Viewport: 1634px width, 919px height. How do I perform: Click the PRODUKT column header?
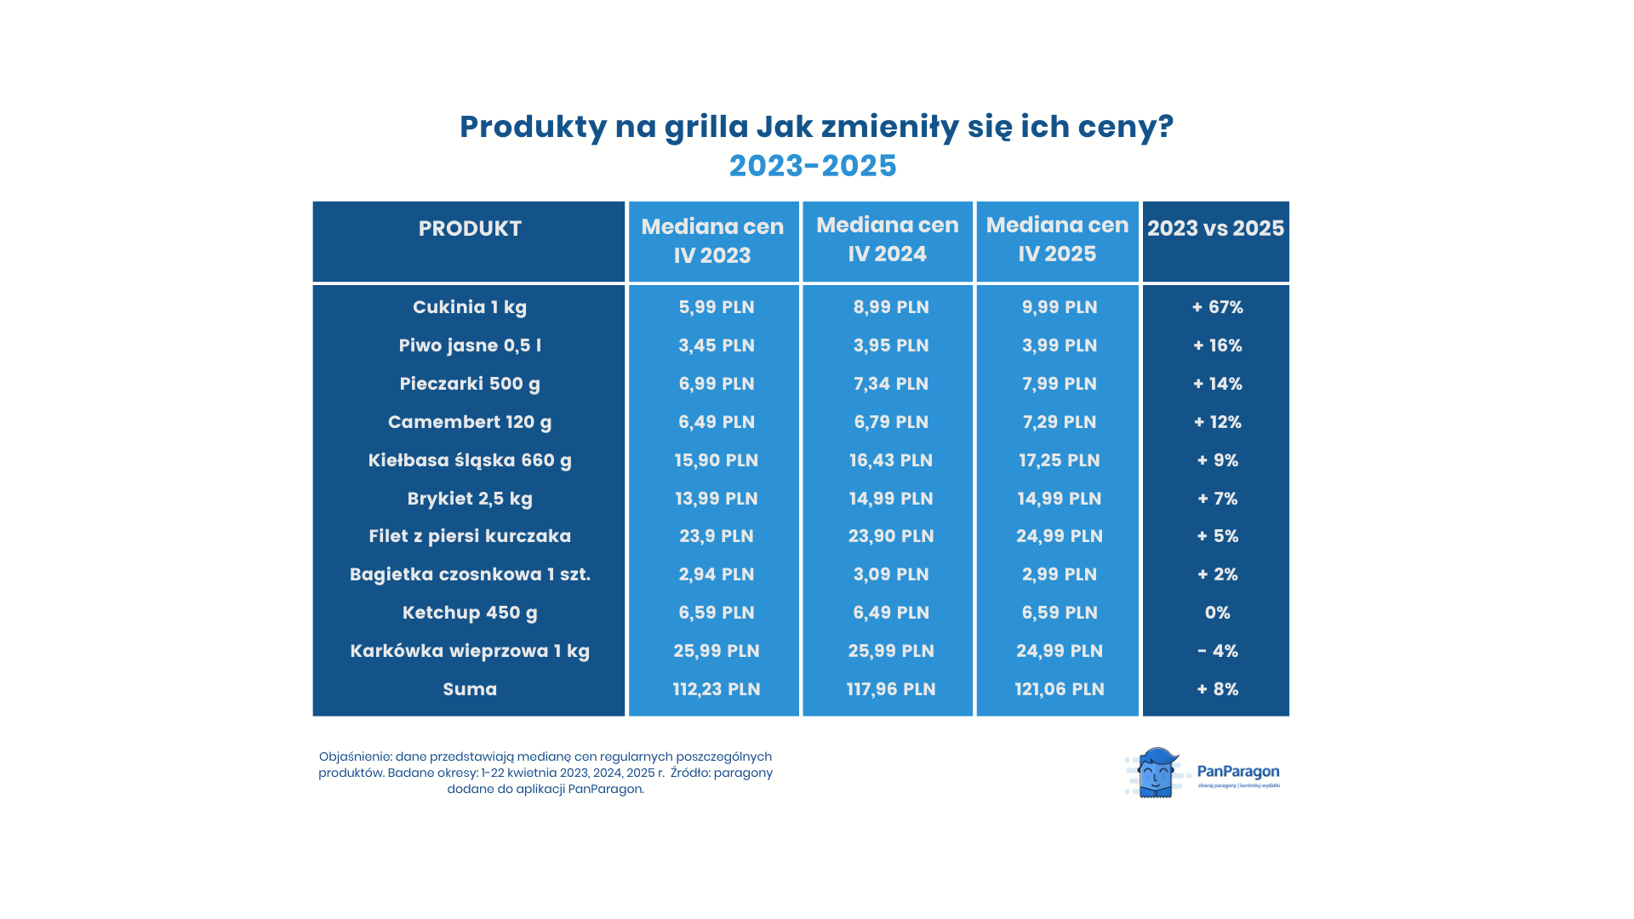click(x=469, y=229)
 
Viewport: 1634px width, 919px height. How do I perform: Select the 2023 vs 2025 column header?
click(x=1215, y=229)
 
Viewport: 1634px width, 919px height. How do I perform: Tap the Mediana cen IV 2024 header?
click(x=887, y=240)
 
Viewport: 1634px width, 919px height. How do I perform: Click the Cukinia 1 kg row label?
click(x=469, y=307)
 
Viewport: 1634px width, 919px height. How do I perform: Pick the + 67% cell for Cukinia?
click(x=1217, y=307)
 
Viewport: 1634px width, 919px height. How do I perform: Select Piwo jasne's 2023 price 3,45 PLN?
click(x=716, y=345)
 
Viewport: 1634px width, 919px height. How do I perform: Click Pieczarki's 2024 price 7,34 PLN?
click(x=890, y=384)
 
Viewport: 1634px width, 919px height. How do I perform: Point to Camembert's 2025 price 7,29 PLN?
click(x=1059, y=422)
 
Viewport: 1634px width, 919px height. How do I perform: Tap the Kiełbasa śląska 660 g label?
click(x=469, y=460)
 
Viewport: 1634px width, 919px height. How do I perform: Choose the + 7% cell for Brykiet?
click(x=1217, y=499)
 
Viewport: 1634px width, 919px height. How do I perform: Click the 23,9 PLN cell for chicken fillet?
click(x=716, y=536)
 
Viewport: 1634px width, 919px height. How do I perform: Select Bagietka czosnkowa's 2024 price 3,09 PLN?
click(x=890, y=574)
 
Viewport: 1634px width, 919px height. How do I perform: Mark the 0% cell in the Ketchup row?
click(x=1217, y=613)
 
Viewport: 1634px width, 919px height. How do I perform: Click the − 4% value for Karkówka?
click(x=1217, y=651)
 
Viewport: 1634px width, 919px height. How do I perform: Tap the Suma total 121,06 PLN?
click(x=1059, y=689)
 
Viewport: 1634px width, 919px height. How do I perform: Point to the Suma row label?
click(x=469, y=689)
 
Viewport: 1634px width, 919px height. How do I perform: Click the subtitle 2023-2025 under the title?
click(x=813, y=166)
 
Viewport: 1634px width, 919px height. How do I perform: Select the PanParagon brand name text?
click(x=1237, y=771)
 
